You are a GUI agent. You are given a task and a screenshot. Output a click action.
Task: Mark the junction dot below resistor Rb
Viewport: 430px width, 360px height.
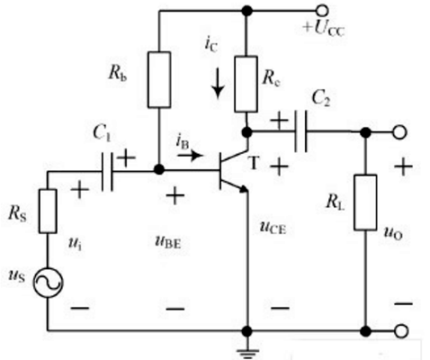159,169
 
